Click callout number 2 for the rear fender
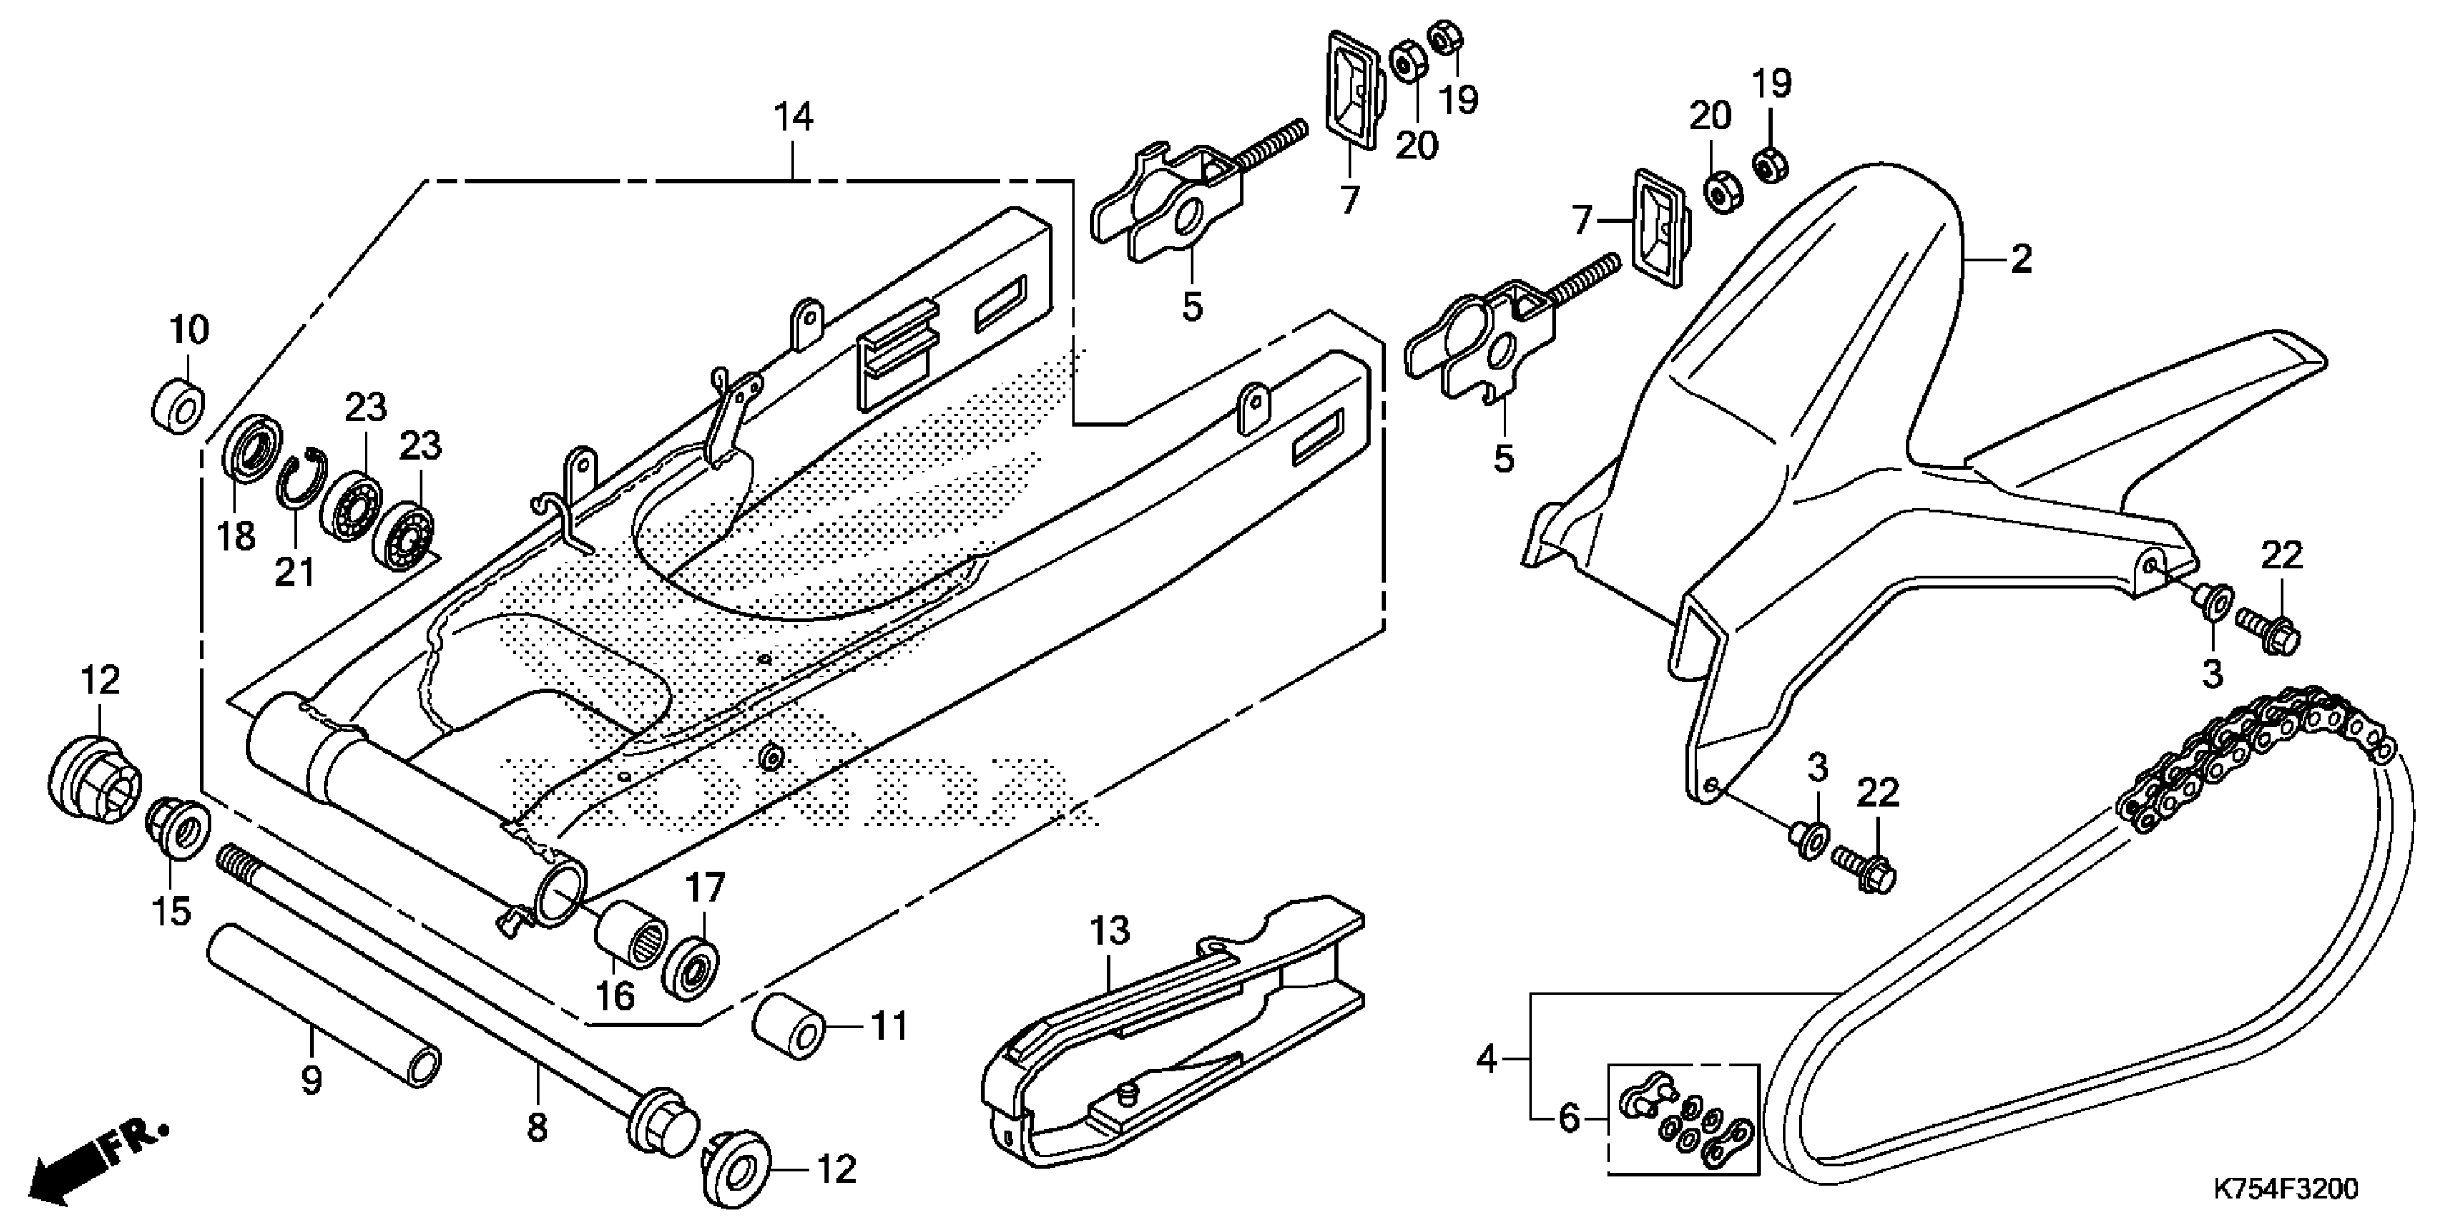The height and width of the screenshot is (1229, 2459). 2021,259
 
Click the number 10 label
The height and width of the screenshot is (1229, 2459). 189,330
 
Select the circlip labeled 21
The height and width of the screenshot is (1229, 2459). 304,477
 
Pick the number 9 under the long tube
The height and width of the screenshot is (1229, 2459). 311,1080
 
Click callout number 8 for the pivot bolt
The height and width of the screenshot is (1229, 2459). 537,1128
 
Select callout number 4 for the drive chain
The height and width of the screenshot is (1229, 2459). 1486,1059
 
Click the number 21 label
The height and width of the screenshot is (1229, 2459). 294,572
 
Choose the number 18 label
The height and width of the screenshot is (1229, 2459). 236,536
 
